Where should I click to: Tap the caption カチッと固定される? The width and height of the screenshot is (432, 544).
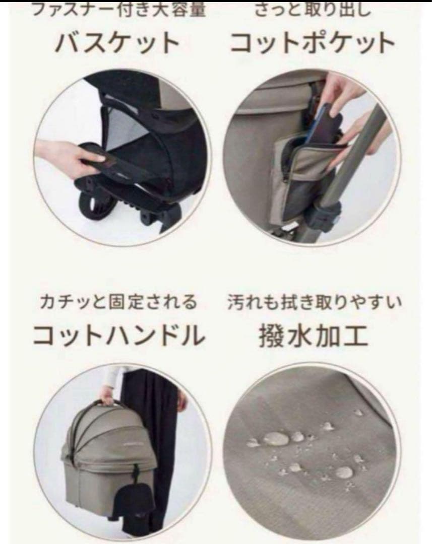pos(119,303)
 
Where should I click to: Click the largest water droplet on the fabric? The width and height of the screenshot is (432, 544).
pos(276,439)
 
